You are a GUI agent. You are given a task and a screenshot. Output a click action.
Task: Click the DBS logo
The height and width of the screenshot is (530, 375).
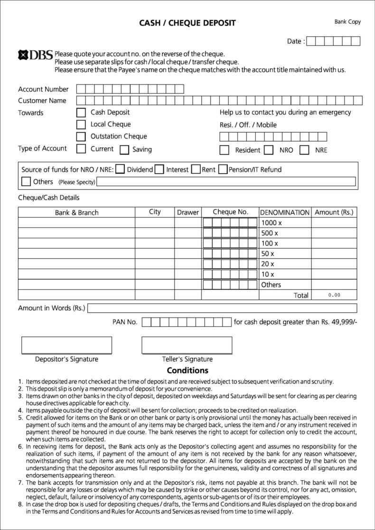coord(35,55)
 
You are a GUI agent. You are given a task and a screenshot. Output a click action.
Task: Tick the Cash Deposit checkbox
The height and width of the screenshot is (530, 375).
coord(81,113)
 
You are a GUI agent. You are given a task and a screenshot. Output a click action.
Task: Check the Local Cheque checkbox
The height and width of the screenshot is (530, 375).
coord(81,125)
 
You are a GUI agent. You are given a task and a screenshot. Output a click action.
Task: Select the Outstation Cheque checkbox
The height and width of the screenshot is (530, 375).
coord(81,137)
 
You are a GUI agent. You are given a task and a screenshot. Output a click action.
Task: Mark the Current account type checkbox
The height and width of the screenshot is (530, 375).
coord(81,149)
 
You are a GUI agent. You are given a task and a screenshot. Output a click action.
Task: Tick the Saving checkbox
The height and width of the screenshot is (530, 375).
coord(124,150)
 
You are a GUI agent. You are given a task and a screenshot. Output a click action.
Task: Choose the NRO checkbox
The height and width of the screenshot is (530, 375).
coord(269,150)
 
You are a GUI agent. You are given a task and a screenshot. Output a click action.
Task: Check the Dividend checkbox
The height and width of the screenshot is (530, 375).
coord(121,169)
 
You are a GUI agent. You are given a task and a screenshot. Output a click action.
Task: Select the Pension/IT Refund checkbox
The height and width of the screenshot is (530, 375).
coord(223,169)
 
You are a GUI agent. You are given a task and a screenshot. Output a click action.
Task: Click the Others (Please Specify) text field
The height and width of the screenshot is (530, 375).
coord(226,182)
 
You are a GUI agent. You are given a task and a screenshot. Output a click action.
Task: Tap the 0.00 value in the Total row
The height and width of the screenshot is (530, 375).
coord(334,295)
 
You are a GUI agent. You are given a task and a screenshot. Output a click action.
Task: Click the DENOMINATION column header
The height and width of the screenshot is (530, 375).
coord(285,212)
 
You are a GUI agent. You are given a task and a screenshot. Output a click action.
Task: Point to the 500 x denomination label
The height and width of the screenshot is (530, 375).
coord(270,233)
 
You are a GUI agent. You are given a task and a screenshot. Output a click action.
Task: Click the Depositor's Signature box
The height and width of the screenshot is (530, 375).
coord(66,345)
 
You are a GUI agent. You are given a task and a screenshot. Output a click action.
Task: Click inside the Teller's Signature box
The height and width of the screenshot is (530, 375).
coord(187,345)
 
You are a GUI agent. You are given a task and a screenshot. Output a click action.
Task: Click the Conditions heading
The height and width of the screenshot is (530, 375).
coord(187,370)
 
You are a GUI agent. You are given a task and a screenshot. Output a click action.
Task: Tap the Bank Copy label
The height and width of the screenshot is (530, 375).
coord(347,22)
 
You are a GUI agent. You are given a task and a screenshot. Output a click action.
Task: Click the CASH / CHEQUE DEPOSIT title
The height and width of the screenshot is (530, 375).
coord(187,23)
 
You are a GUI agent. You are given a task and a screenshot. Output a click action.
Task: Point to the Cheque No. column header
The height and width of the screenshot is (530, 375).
coord(230,212)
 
